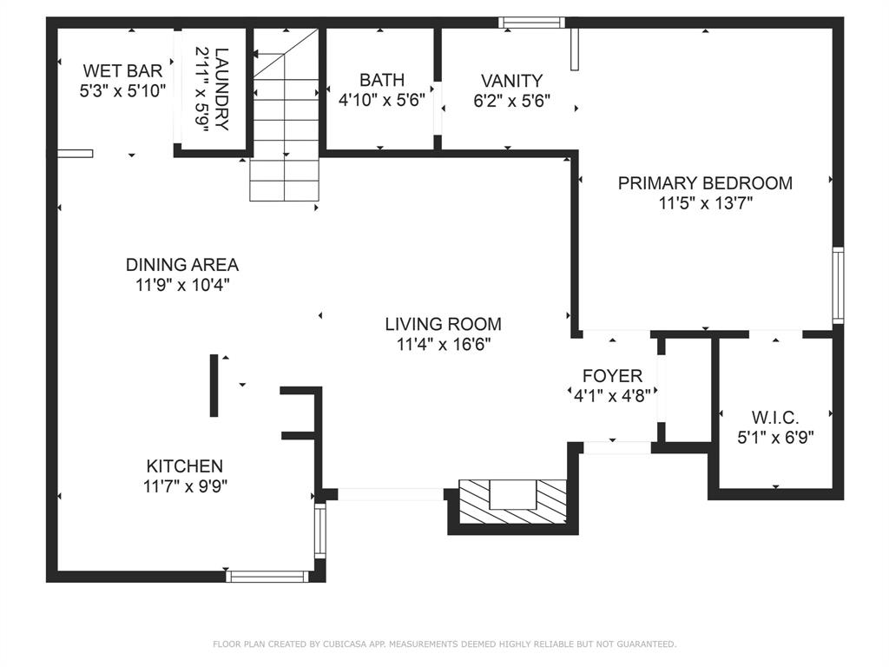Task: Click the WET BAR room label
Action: click(x=122, y=70)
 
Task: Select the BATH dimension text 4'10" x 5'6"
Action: click(x=382, y=100)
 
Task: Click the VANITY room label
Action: click(x=511, y=81)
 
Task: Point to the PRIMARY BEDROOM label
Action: click(x=705, y=183)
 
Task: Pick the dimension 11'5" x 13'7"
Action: click(x=705, y=204)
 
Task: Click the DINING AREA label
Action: click(x=181, y=265)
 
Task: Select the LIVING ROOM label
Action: click(x=443, y=324)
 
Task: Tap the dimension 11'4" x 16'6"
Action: click(x=443, y=345)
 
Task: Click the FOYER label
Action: click(x=612, y=376)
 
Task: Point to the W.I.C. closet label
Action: click(x=775, y=418)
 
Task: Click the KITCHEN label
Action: click(x=184, y=466)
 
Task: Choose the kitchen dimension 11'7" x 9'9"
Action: click(x=184, y=487)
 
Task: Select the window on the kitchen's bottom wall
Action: click(x=267, y=575)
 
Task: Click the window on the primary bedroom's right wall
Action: click(x=838, y=285)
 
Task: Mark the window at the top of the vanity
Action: click(x=531, y=23)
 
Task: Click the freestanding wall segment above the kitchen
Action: click(x=214, y=386)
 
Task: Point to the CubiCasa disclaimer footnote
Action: click(x=444, y=644)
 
